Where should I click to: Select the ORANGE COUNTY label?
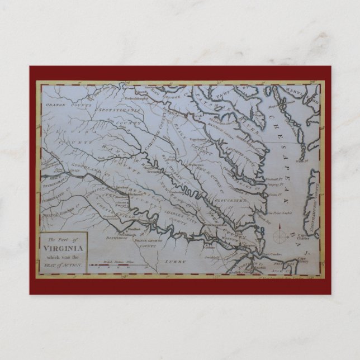(x=63, y=103)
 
